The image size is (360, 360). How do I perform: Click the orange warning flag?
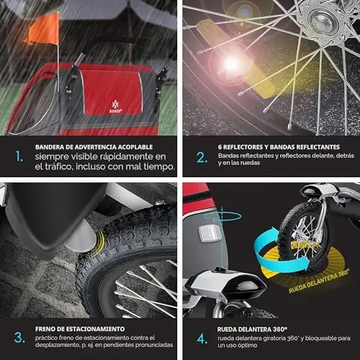pos(43,30)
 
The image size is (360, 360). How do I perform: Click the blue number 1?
pos(19,156)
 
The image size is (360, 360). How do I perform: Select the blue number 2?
pos(202,158)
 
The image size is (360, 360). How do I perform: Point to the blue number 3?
pos(19,338)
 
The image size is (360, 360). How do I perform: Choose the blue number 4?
pos(202,338)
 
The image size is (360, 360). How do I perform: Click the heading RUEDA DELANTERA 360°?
pos(252,329)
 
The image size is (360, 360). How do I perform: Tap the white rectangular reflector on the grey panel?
pos(209,233)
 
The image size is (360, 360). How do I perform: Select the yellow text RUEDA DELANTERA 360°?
pos(319,282)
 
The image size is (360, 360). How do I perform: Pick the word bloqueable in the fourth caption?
pos(321,338)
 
